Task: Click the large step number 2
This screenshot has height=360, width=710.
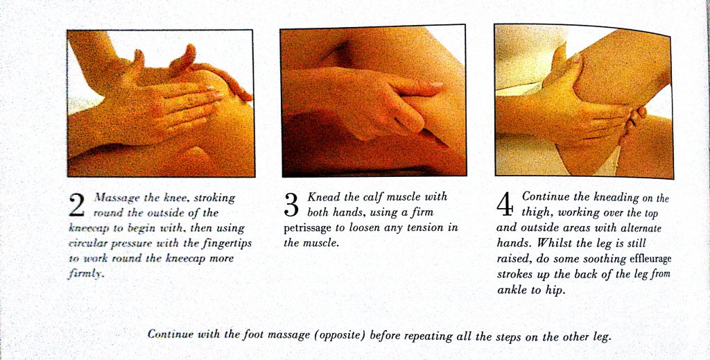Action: click(x=76, y=205)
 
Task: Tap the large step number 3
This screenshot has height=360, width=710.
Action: click(x=291, y=205)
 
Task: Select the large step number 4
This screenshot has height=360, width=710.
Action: click(x=505, y=205)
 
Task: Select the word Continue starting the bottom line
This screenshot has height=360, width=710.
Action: click(x=171, y=334)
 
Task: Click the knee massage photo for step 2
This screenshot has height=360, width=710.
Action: click(x=161, y=103)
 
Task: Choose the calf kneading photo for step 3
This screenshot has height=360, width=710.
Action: click(x=374, y=101)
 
